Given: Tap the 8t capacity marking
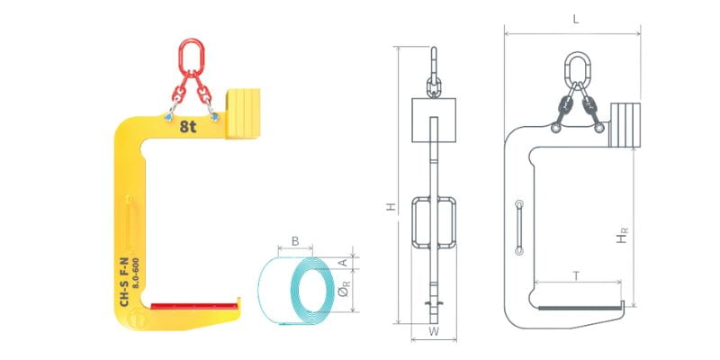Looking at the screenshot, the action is [188, 126].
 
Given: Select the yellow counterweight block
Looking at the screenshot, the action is [242, 113].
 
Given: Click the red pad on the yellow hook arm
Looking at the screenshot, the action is [193, 306].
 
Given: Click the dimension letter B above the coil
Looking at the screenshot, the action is [295, 240].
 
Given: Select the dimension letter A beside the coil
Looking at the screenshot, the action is [342, 262].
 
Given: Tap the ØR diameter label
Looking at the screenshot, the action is [346, 290].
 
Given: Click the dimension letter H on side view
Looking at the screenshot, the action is [391, 207].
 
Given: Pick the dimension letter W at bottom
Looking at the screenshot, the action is [434, 331].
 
